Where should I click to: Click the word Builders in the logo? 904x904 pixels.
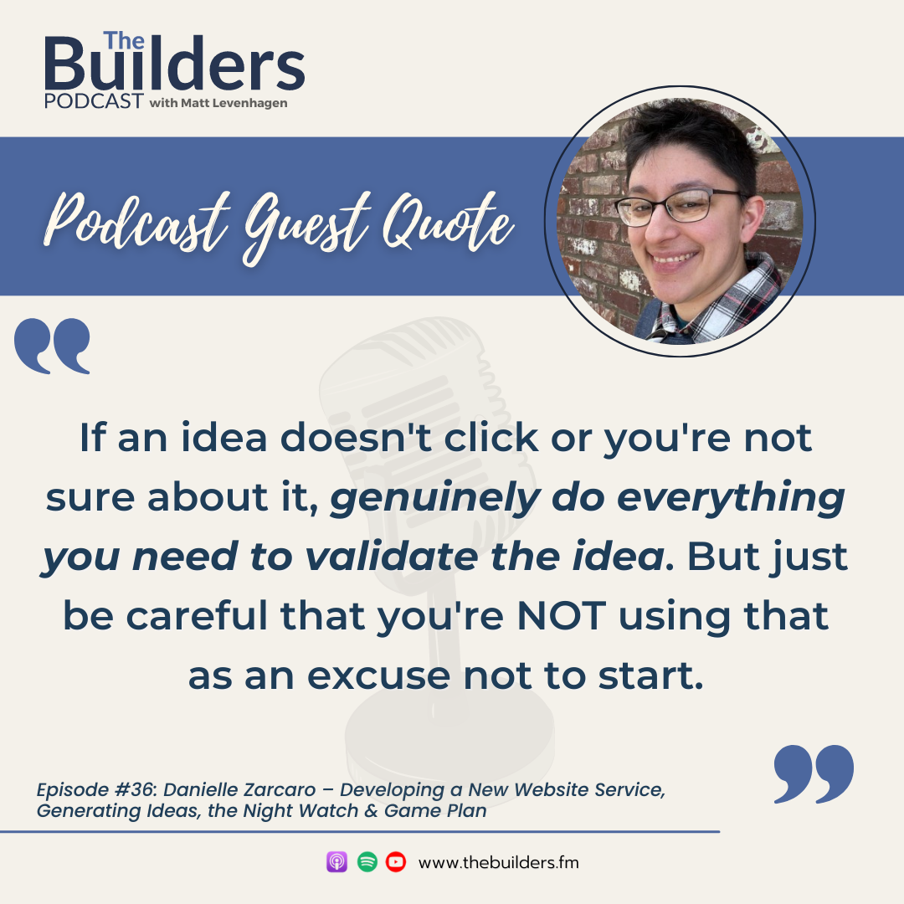(x=174, y=63)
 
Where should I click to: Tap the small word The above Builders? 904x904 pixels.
(x=123, y=41)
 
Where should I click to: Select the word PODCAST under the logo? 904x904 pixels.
(x=94, y=101)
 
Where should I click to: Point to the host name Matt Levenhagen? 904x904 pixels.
(x=234, y=103)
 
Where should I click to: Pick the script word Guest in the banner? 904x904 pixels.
(x=306, y=228)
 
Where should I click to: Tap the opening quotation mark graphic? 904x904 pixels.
(x=53, y=346)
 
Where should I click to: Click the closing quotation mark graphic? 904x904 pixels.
(x=814, y=773)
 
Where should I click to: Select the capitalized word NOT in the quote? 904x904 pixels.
(x=562, y=616)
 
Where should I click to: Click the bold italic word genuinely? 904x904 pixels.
(x=435, y=499)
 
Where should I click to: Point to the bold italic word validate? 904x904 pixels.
(x=391, y=557)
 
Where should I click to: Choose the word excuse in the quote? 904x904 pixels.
(x=378, y=676)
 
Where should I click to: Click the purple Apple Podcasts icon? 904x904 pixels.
(x=336, y=862)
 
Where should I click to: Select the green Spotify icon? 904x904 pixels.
(x=367, y=862)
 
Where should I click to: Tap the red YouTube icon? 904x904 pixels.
(x=395, y=862)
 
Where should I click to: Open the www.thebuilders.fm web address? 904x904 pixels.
(x=499, y=862)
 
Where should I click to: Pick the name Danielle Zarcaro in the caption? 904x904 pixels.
(x=239, y=789)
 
